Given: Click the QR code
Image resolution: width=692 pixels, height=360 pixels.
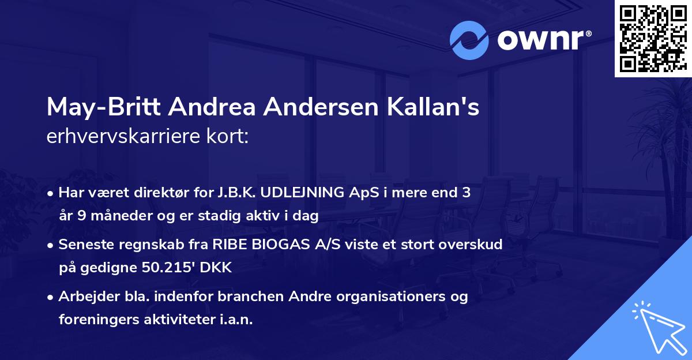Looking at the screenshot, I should coord(653,39).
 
